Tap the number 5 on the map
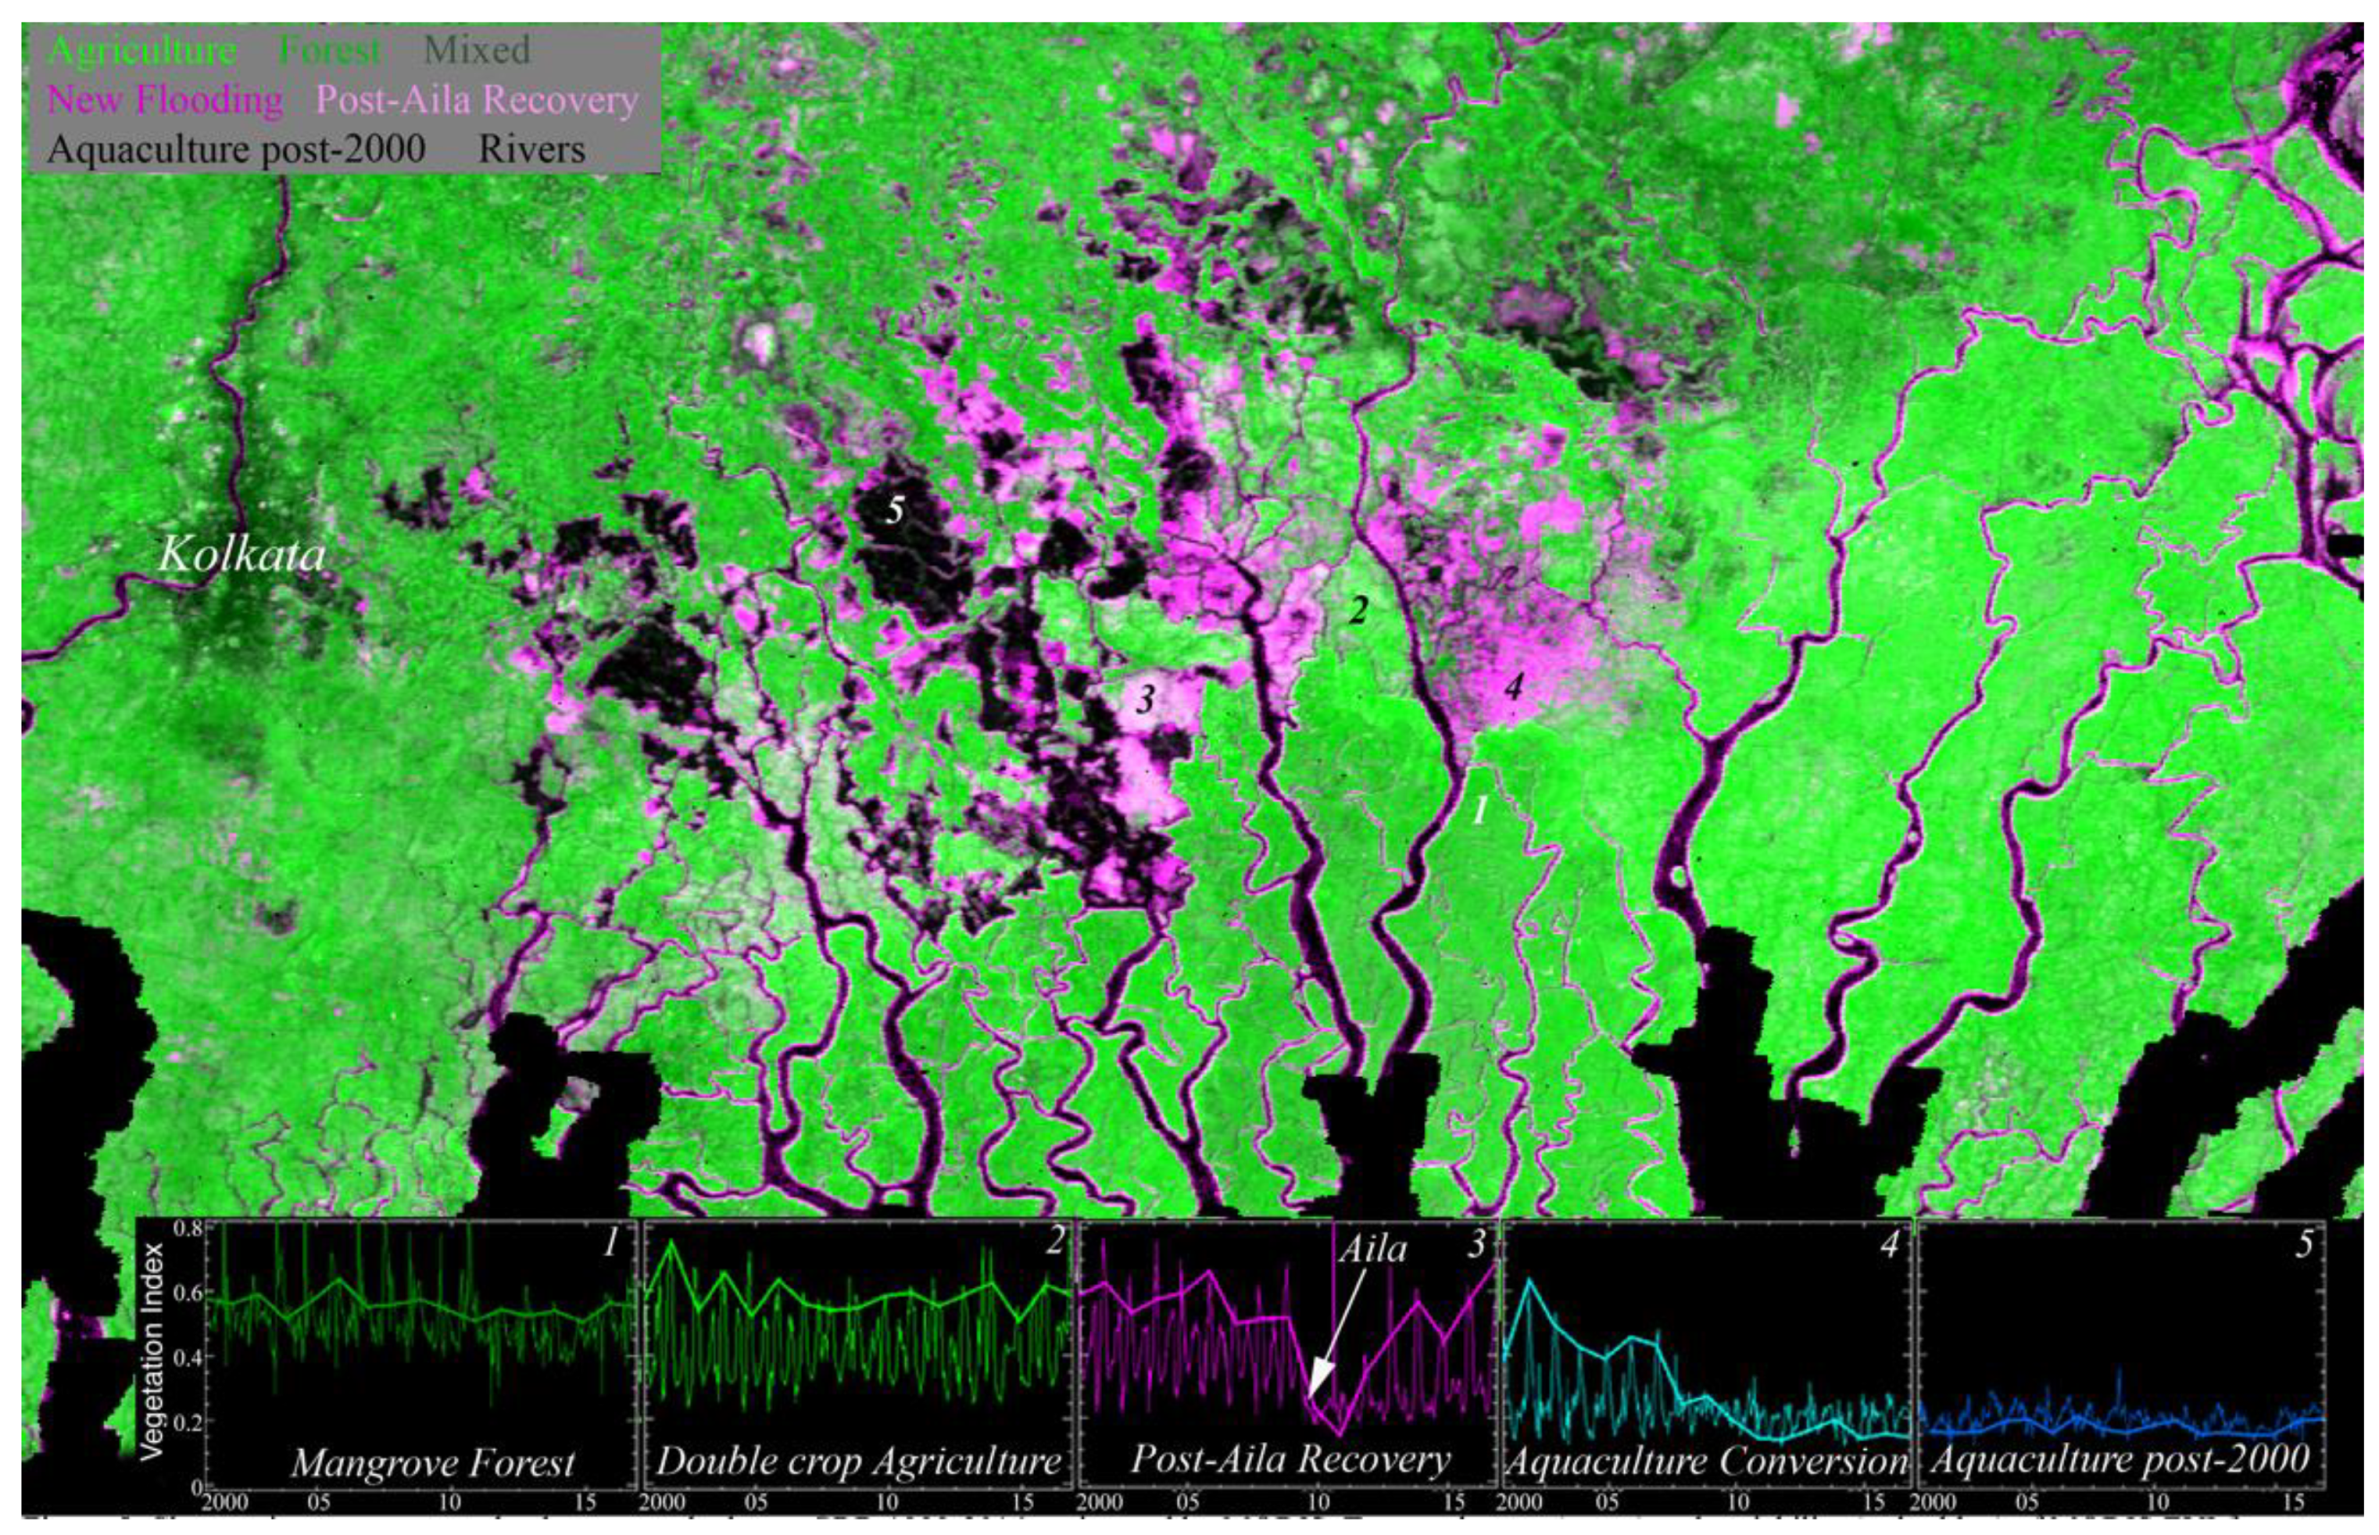tap(895, 511)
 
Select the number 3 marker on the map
tap(1145, 699)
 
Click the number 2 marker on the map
tap(1358, 609)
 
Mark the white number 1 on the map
tap(1480, 810)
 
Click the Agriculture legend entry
tap(141, 50)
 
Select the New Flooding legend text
tap(165, 99)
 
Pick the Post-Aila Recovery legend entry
tap(477, 99)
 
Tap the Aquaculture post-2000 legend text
tap(236, 149)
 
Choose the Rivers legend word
tap(531, 149)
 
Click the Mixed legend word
tap(477, 50)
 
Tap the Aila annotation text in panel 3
tap(1371, 1249)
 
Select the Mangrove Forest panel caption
tap(433, 1463)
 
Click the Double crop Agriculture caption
tap(858, 1463)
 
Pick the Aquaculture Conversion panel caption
tap(1706, 1463)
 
